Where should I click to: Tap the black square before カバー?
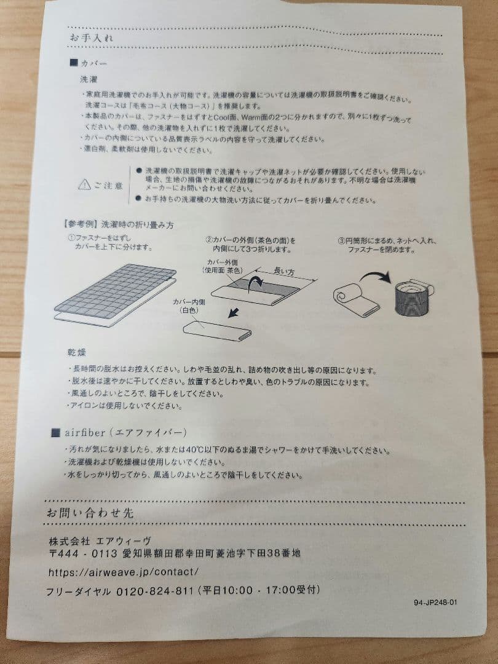pos(74,63)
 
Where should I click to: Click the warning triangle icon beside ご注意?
pos(84,184)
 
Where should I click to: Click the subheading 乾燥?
pos(77,352)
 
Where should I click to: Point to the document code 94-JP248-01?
pos(436,603)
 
